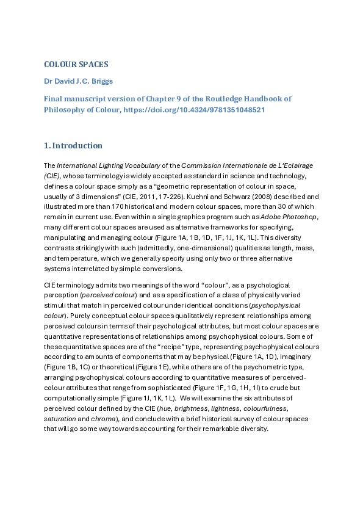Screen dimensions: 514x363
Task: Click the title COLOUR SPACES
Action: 76,65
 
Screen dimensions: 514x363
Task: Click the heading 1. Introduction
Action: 73,145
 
